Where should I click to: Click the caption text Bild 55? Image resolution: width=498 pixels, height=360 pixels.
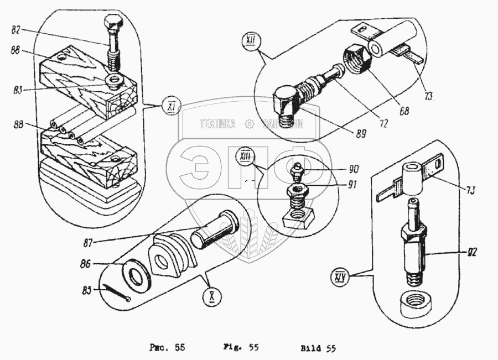318,348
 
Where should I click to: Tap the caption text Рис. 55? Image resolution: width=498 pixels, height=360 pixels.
167,348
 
